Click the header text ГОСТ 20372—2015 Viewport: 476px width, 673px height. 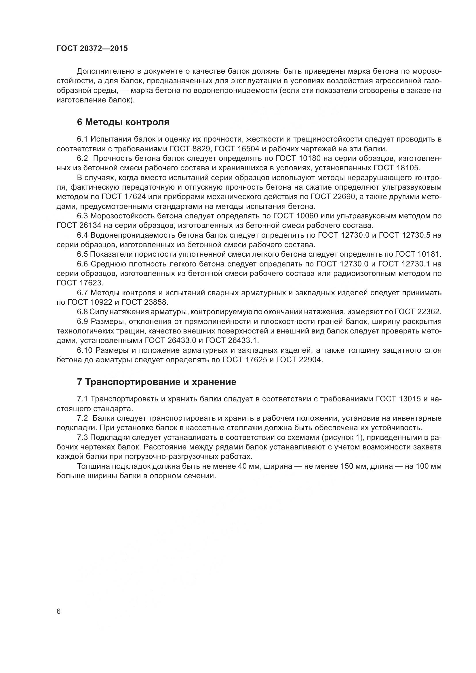[92, 48]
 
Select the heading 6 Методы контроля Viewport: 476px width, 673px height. [123, 122]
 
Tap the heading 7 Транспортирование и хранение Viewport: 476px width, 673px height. [157, 382]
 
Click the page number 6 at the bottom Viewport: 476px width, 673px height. [59, 611]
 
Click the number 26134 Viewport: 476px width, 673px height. [90, 225]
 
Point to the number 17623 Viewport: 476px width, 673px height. [91, 283]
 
